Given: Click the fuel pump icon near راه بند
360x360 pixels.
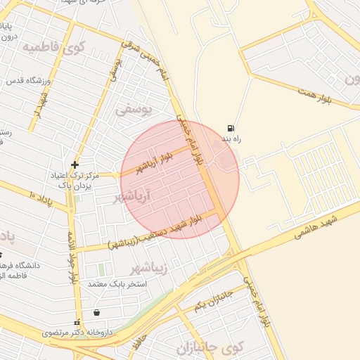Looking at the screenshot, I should coord(230,129).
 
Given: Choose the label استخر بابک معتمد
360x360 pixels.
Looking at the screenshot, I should coord(117,283).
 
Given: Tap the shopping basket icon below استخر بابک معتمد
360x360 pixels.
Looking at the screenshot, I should coord(96,313).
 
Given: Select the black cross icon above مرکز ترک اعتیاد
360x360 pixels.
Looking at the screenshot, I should coord(75,165).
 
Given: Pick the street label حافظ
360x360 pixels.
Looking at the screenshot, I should coord(143,340).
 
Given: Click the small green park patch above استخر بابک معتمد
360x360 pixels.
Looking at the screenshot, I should coord(102,269).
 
